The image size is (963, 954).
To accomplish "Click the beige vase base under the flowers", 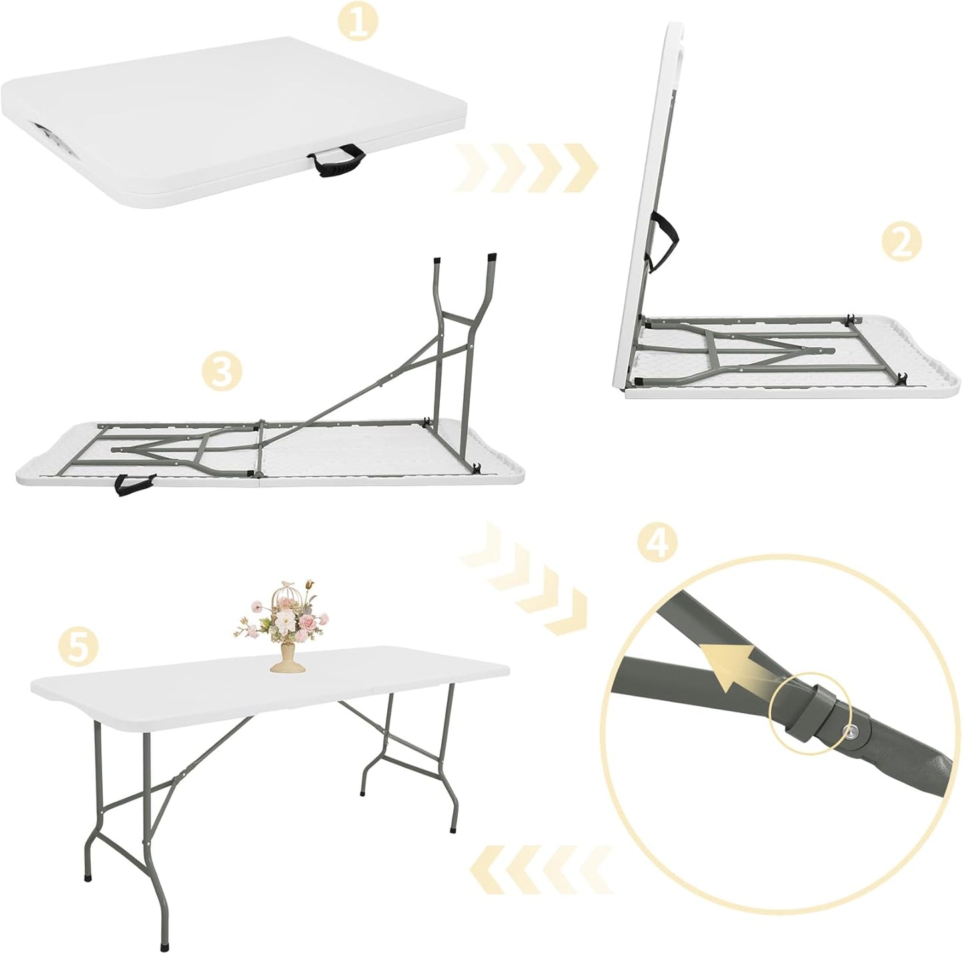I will tap(284, 660).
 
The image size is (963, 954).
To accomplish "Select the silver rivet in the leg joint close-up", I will tap(852, 731).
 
